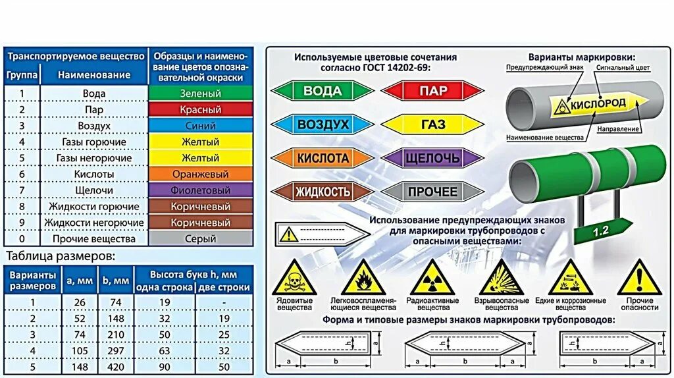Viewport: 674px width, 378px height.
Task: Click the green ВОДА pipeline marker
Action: (322, 91)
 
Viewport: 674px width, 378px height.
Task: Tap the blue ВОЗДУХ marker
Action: (322, 124)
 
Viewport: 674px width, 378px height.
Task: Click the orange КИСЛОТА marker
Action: (322, 158)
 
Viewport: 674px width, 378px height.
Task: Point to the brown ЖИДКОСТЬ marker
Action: (322, 192)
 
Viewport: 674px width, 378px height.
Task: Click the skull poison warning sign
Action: (294, 278)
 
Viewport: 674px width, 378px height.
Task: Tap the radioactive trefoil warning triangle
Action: (432, 278)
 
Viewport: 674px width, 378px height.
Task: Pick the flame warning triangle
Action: (363, 278)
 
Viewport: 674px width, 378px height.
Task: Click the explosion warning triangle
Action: (501, 278)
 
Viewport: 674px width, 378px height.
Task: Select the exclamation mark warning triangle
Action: (638, 278)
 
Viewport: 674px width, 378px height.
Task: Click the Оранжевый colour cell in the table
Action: (200, 175)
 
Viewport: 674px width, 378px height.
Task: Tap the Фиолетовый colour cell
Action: (200, 190)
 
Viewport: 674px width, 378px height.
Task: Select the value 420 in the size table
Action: (115, 367)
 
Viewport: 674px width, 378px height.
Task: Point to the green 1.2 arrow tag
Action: (600, 232)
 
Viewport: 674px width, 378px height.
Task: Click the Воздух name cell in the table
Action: (94, 126)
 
